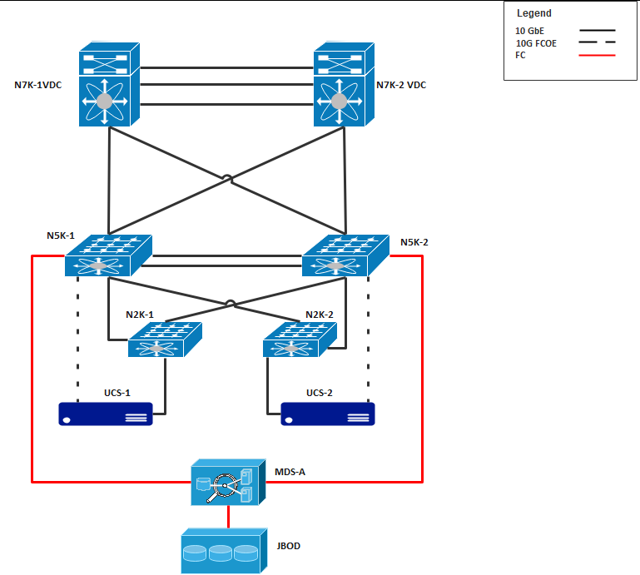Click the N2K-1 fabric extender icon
coord(166,340)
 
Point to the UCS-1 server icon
coord(106,414)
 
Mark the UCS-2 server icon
coord(328,414)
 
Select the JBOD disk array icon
coord(224,551)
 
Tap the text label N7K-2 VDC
coord(401,85)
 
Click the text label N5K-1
coord(61,235)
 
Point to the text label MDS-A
coord(290,473)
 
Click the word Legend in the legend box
coord(534,13)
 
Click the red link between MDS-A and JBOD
coord(227,517)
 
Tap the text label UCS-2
coord(319,393)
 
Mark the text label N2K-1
coord(140,315)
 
